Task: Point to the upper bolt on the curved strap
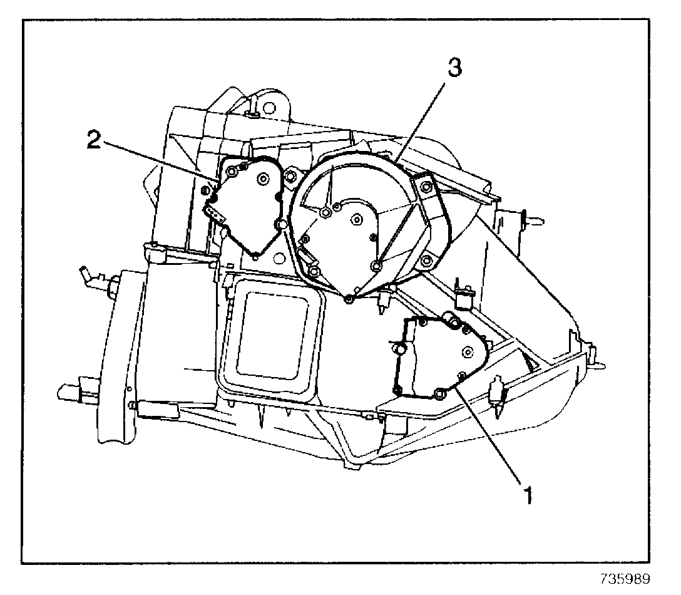click(425, 187)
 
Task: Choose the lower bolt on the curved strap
click(426, 261)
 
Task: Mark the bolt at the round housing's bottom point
click(349, 298)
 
